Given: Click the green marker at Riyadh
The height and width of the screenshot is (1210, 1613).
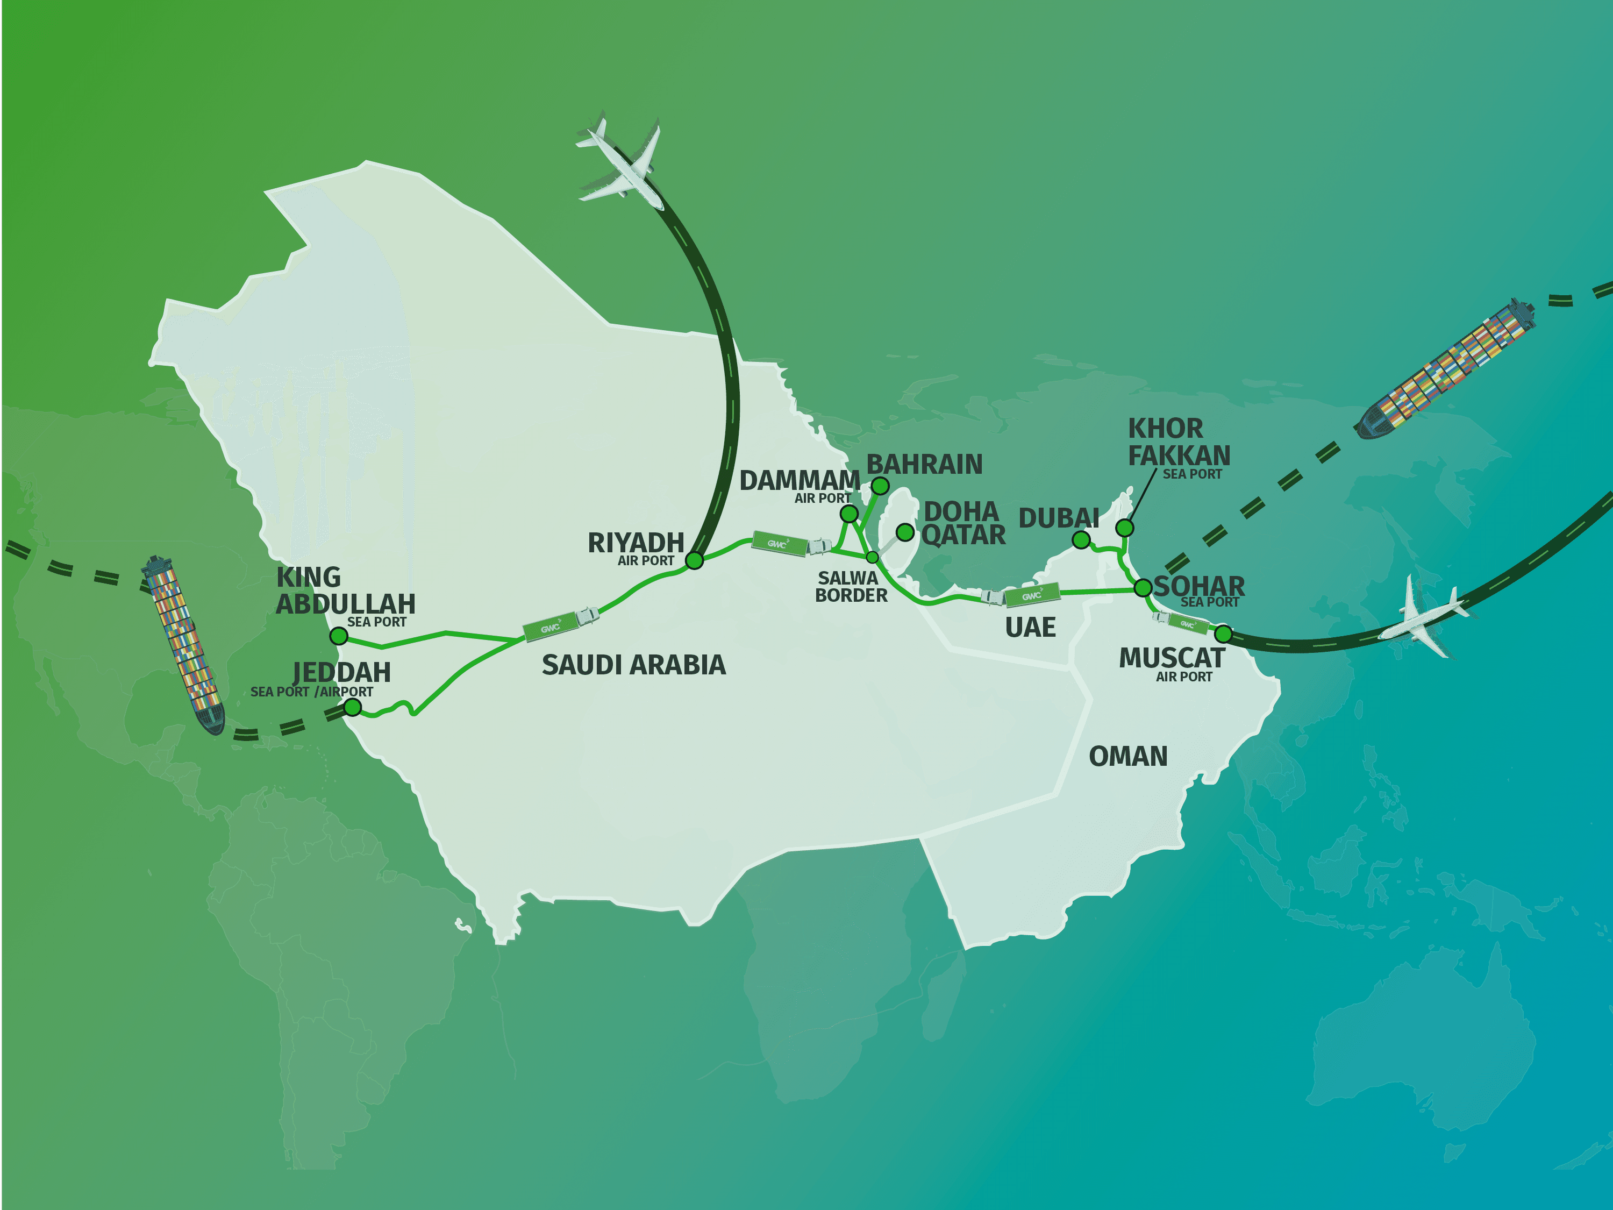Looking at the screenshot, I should (x=694, y=560).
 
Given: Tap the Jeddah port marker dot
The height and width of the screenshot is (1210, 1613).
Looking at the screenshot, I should (x=353, y=707).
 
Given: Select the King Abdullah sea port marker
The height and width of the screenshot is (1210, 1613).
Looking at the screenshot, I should (x=338, y=636).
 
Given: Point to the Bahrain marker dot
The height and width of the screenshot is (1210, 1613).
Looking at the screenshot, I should (x=880, y=486).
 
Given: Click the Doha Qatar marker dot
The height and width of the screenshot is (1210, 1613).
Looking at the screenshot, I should (x=905, y=532).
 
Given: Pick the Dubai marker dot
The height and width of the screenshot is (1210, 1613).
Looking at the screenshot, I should (x=1081, y=540).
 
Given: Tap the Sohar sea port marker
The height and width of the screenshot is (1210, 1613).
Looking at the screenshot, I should (x=1143, y=587).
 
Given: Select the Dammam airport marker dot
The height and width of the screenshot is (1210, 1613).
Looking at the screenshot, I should (x=849, y=514).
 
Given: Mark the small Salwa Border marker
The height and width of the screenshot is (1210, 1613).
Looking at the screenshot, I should (x=872, y=557).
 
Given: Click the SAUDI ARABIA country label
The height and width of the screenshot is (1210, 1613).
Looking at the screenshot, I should (x=634, y=665).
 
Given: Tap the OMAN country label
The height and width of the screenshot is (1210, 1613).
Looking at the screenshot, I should (x=1128, y=756).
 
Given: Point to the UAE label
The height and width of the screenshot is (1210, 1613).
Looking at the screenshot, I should (x=1030, y=627).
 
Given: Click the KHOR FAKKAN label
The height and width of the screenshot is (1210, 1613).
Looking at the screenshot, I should (x=1179, y=442).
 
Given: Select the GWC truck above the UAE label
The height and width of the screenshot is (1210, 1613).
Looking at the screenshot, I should (x=1021, y=596).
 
